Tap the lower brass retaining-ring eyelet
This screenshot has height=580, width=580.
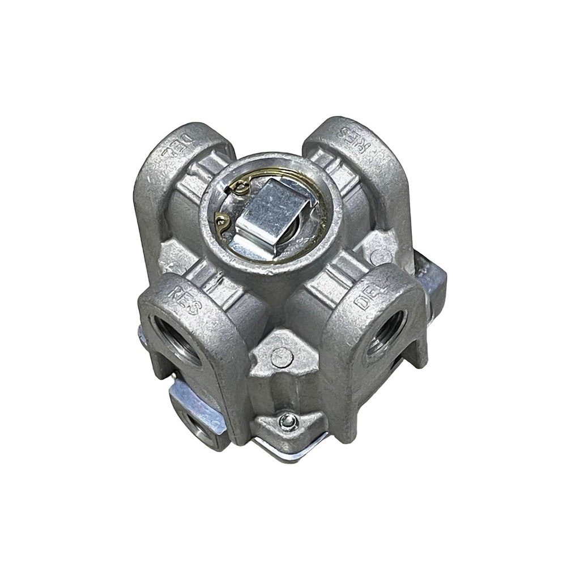point(222,221)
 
